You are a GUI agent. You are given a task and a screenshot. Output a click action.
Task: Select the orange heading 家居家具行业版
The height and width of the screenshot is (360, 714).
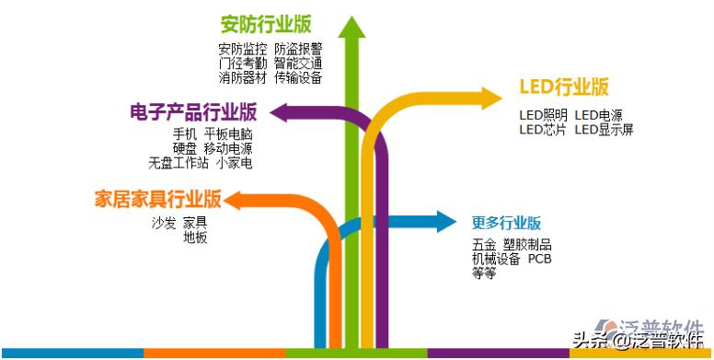(158, 199)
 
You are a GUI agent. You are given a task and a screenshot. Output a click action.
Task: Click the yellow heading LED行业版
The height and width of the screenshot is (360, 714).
(564, 87)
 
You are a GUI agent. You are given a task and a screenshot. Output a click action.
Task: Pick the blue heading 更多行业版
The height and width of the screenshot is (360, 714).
(506, 223)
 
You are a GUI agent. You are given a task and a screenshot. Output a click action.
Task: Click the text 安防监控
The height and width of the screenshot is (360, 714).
(243, 49)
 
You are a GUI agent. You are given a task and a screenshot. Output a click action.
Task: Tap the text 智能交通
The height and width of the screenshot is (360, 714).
(298, 64)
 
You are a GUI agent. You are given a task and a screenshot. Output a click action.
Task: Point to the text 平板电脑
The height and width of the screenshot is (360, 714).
(228, 134)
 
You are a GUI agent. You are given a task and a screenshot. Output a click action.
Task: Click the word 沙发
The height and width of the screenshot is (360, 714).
(164, 223)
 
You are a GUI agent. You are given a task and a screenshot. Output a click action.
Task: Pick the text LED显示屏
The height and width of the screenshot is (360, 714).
(605, 130)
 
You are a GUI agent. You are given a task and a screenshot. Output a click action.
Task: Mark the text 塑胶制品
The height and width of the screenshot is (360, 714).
(528, 245)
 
